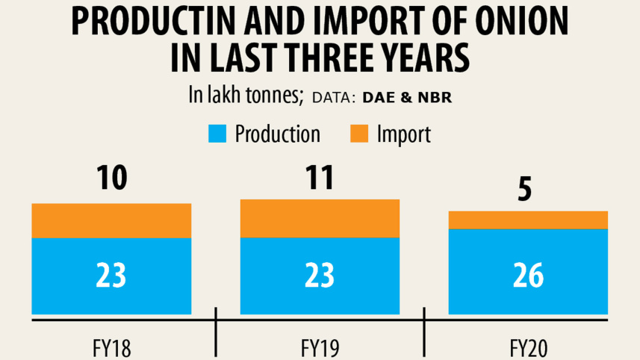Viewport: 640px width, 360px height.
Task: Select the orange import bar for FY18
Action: pos(111,220)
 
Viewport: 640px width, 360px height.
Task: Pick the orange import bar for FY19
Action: pos(319,219)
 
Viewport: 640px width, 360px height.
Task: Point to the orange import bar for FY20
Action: pos(527,220)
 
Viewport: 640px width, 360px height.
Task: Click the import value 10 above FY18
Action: pos(111,179)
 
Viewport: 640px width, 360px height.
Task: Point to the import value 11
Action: pos(319,179)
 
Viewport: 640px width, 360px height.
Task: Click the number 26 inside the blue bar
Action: pos(527,276)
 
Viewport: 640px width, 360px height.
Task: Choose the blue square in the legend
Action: pos(216,135)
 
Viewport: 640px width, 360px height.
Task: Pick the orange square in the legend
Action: pos(359,135)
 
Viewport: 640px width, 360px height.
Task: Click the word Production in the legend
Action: pos(277,134)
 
